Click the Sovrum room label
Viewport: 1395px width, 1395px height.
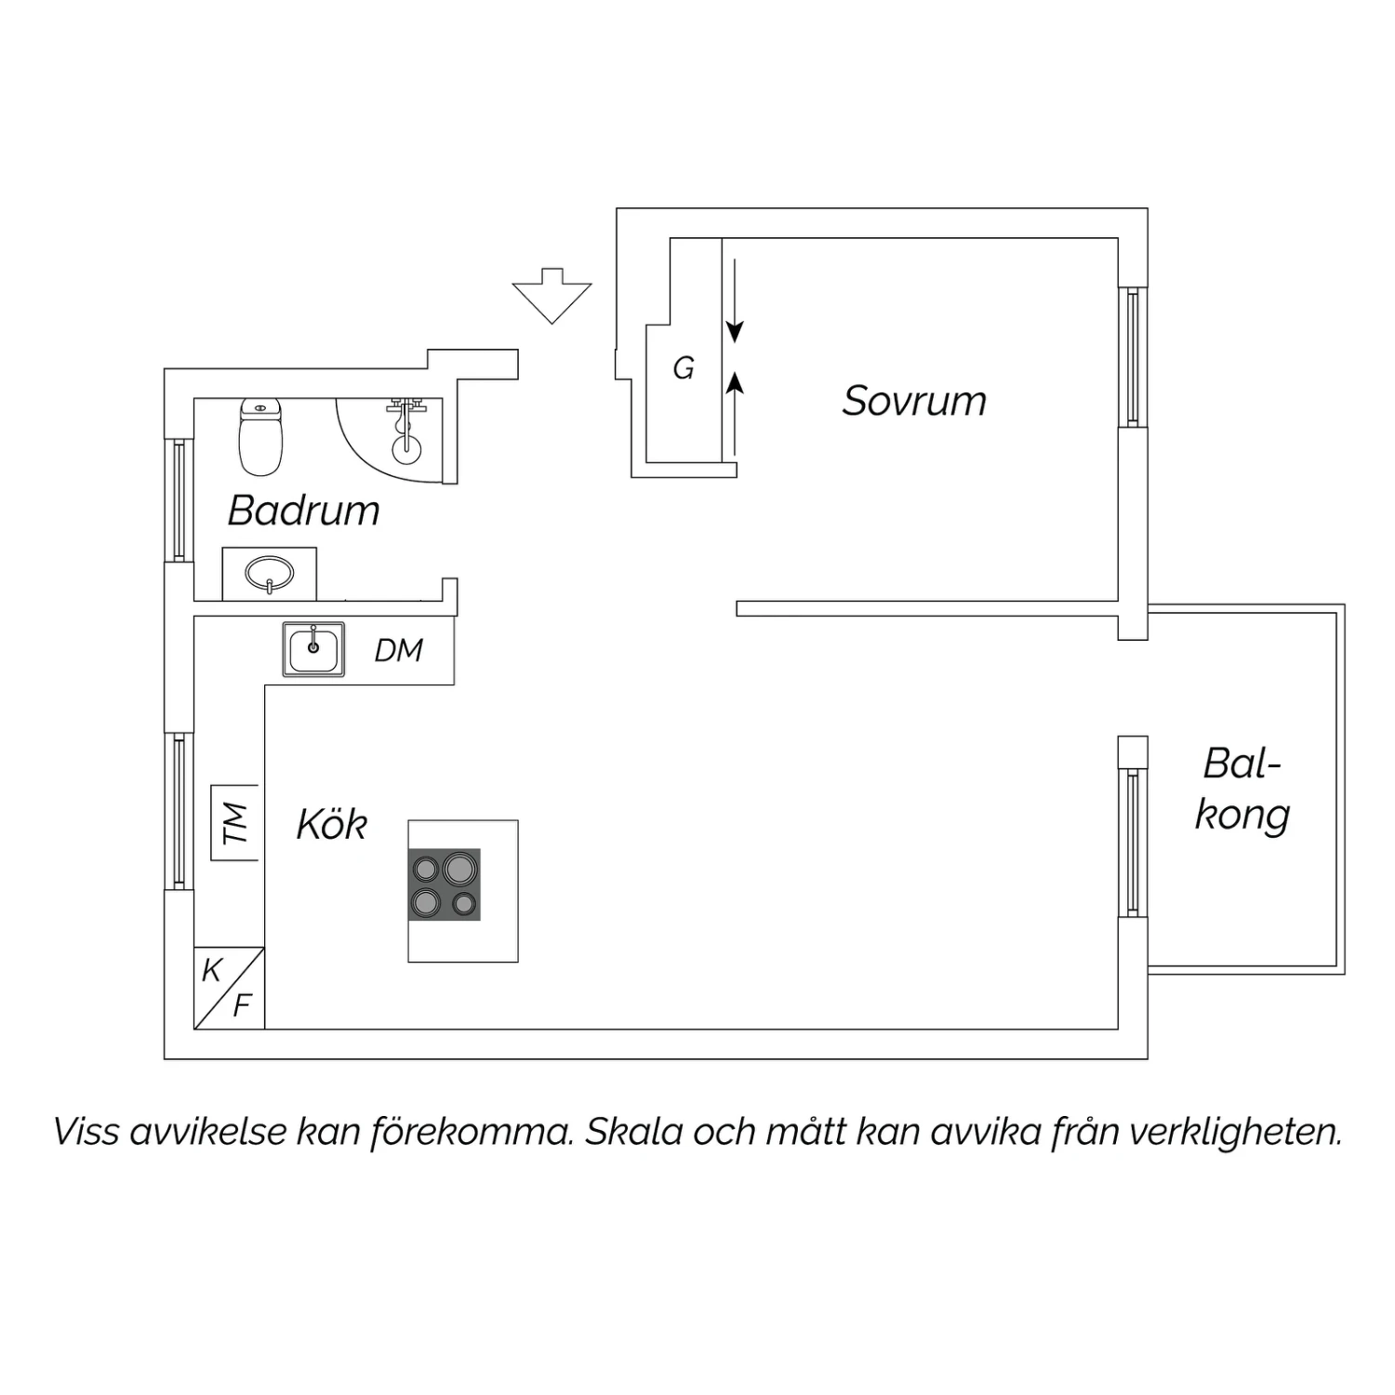pos(914,401)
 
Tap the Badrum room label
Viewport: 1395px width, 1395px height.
pos(304,511)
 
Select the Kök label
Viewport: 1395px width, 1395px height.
pos(332,824)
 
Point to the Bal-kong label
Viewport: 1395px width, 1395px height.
pos(1242,790)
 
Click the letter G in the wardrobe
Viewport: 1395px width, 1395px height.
pos(684,369)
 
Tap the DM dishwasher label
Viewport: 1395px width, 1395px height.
pos(399,650)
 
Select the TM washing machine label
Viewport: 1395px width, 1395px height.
pos(236,823)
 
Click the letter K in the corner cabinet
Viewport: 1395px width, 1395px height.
pos(212,971)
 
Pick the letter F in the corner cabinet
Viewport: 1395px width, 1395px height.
pos(243,1005)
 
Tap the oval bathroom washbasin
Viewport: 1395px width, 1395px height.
pos(270,574)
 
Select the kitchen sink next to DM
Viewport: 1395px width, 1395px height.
pos(313,649)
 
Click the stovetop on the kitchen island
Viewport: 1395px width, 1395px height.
pos(445,884)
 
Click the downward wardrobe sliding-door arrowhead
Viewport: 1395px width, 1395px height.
pos(735,331)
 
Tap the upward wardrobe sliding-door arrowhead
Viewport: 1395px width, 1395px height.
pos(735,381)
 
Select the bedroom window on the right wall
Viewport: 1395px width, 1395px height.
pos(1133,357)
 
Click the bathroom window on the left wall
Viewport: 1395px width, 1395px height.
pos(179,500)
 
